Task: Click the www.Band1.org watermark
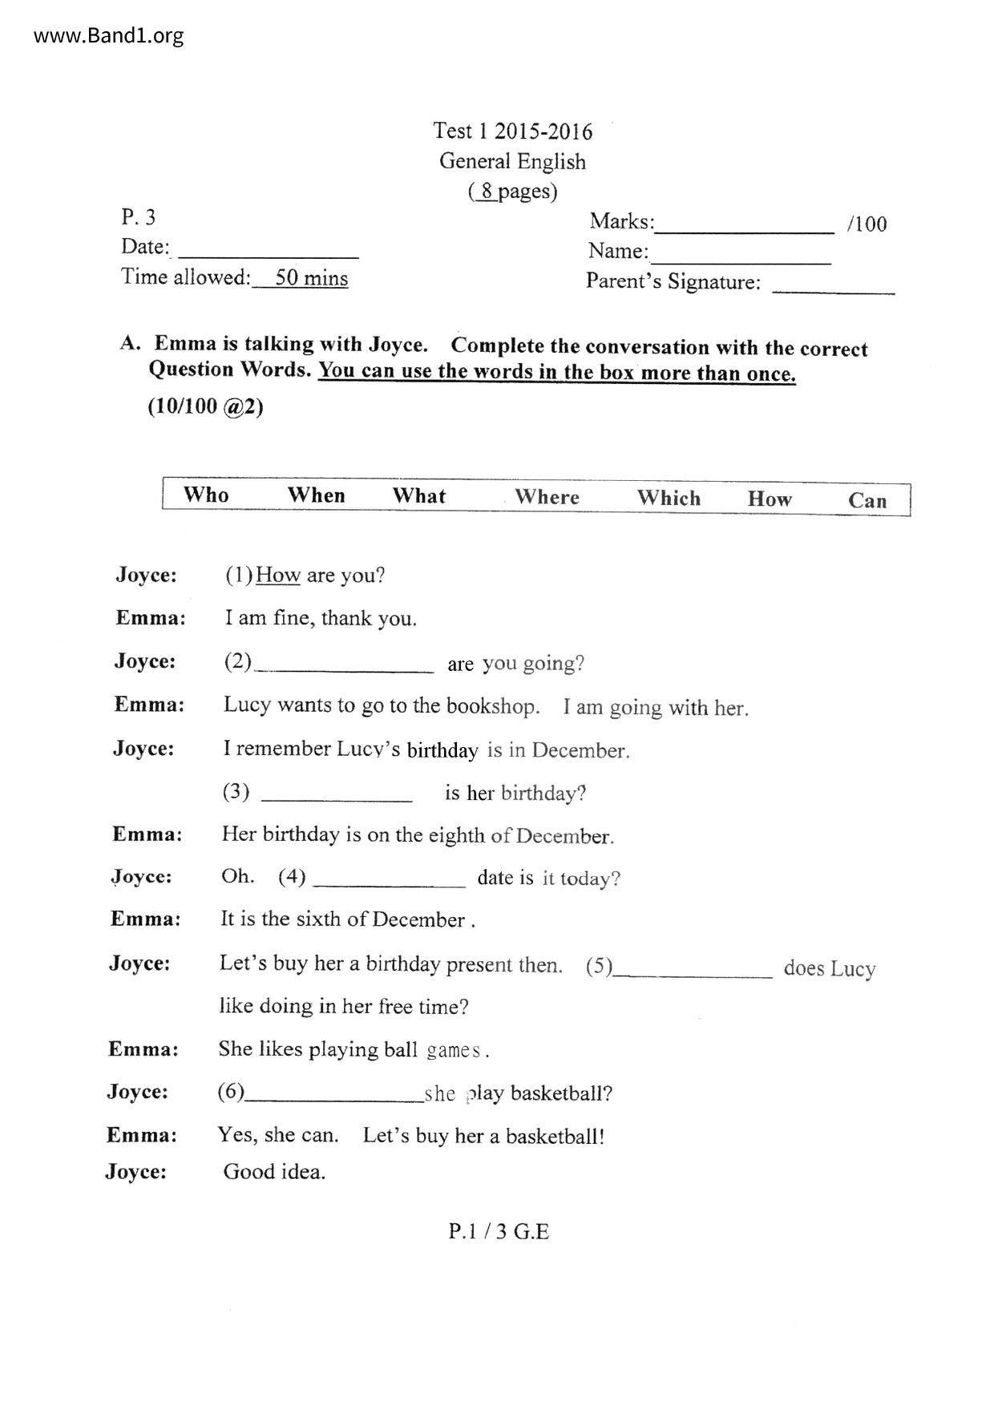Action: tap(109, 35)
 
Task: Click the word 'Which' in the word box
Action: tap(669, 498)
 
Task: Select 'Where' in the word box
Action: tap(547, 497)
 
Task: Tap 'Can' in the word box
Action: tap(867, 501)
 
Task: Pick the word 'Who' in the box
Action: tap(206, 495)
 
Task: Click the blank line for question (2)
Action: tap(344, 669)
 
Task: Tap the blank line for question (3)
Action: tap(337, 798)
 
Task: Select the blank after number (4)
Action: tap(389, 884)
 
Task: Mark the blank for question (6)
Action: tap(334, 1100)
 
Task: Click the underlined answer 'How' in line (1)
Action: tap(278, 576)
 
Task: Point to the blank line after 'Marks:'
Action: tap(744, 231)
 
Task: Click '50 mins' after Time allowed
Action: tap(311, 278)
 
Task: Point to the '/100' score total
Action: tap(867, 224)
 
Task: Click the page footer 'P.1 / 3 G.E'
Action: tap(499, 1231)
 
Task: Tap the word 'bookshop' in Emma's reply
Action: tap(491, 706)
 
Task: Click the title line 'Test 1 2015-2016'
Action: tap(512, 131)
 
